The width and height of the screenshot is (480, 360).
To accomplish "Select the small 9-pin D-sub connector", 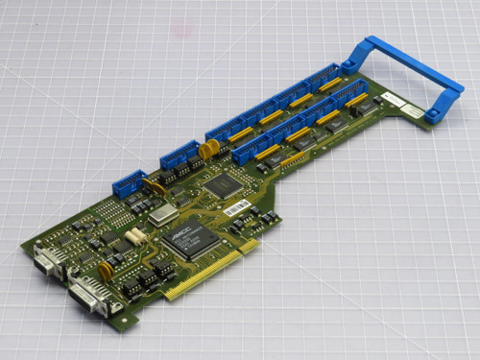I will click(x=44, y=258).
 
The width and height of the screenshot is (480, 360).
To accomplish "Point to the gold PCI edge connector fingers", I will click(x=211, y=272).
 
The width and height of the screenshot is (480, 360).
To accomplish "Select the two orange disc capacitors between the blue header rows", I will click(x=207, y=149).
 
